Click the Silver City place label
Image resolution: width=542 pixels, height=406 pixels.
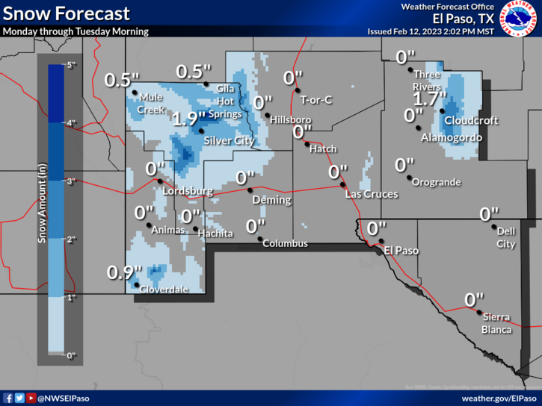[227, 140]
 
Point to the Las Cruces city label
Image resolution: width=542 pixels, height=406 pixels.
[372, 194]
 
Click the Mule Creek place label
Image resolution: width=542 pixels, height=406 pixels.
[151, 104]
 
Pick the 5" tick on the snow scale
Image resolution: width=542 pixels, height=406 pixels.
[71, 66]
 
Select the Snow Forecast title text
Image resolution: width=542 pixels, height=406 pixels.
[67, 13]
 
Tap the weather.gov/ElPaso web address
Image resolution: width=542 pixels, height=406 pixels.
[498, 399]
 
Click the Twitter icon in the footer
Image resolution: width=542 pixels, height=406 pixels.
[19, 399]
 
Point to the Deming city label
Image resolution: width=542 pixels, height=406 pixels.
[266, 201]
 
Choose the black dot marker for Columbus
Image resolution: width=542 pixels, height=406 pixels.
[261, 240]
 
